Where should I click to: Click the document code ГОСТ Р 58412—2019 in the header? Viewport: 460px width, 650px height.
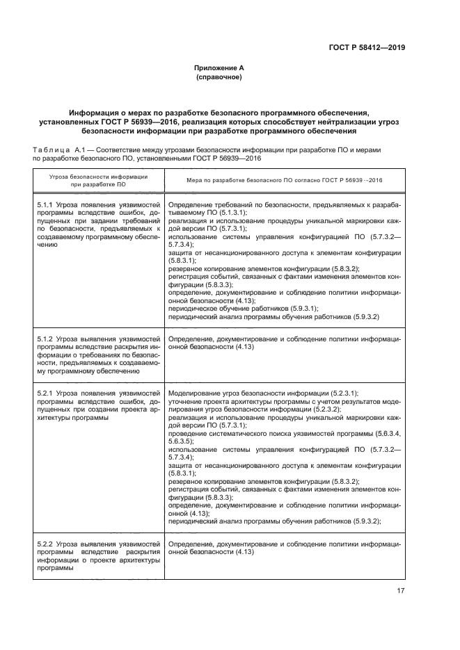[366, 48]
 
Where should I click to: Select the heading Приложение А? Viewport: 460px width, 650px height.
[219, 67]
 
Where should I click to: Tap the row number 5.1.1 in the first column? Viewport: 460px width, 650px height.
[45, 205]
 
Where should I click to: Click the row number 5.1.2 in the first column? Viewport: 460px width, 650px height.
[45, 339]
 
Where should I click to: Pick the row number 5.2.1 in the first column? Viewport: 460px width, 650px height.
[45, 393]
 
